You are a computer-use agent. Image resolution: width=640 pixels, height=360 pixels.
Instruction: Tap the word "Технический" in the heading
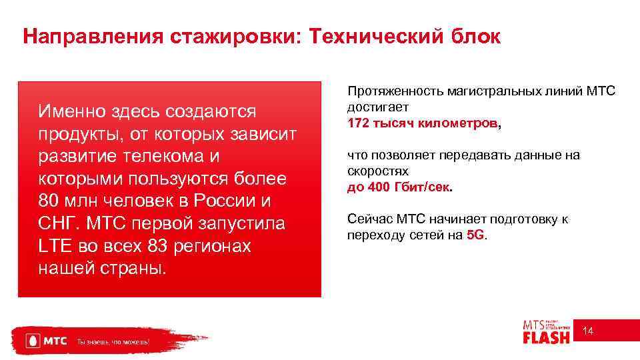374,37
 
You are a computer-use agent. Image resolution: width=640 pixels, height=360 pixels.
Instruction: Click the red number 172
358,123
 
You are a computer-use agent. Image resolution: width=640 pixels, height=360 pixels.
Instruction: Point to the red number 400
378,187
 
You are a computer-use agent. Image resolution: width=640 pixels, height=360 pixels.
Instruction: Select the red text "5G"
476,235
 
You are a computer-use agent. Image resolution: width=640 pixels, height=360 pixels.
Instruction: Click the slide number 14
589,331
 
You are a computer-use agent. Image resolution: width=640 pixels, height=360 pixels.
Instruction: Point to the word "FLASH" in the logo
546,337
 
